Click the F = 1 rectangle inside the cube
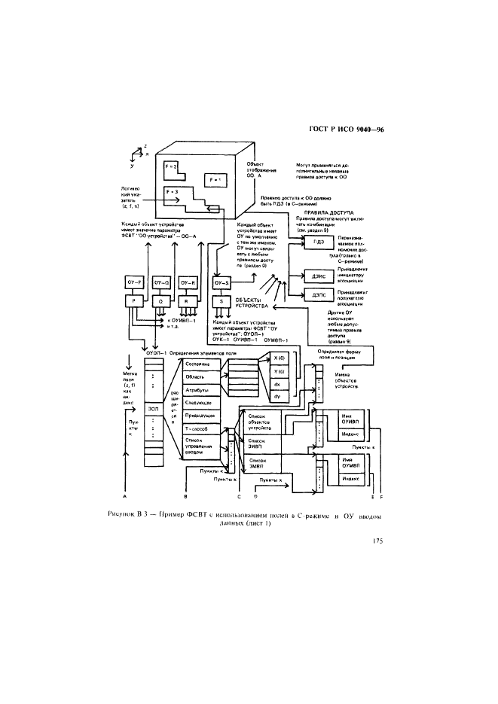(x=215, y=180)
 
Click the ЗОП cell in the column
(x=153, y=409)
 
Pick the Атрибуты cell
(x=202, y=390)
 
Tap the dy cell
(x=276, y=395)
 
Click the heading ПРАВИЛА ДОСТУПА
(x=331, y=214)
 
